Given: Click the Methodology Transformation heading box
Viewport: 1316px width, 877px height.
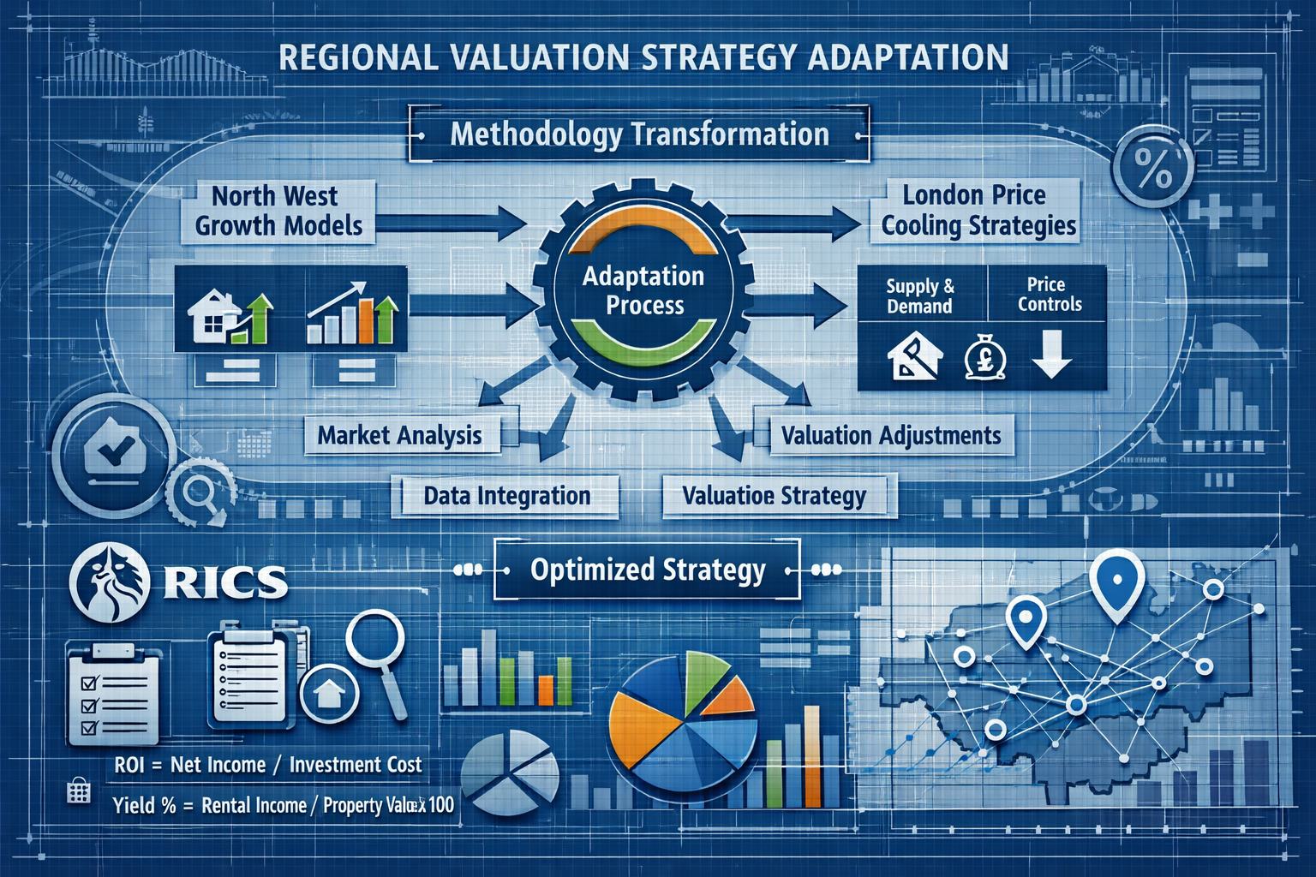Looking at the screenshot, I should tap(639, 134).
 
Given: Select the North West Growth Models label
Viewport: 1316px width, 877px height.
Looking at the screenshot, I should tap(278, 211).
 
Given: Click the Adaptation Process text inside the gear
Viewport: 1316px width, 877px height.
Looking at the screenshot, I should tap(644, 290).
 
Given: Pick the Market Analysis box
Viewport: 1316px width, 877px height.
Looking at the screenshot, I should tap(400, 435).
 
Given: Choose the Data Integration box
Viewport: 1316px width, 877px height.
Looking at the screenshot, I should tap(506, 496).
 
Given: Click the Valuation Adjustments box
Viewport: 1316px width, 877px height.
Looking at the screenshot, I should tap(890, 435).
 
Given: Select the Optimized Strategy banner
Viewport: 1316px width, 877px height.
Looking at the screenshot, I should tap(648, 570).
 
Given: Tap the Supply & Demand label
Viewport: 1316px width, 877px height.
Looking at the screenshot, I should tap(920, 296).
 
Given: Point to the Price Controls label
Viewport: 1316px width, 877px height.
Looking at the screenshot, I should tap(1049, 294).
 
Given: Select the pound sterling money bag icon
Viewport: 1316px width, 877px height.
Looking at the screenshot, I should tap(984, 357).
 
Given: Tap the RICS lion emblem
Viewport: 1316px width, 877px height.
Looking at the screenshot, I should tap(110, 582).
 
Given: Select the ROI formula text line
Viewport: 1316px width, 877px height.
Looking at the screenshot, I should tap(268, 765).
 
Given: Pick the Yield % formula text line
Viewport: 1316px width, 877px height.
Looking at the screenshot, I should tap(283, 806).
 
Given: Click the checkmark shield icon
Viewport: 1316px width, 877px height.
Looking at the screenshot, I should tap(113, 450).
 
